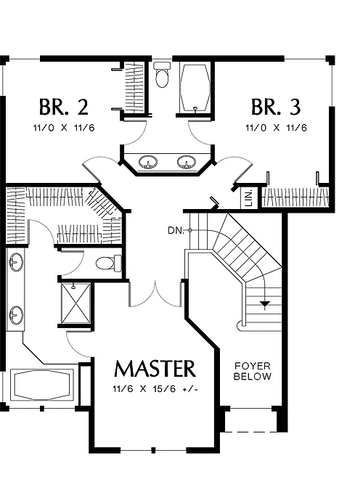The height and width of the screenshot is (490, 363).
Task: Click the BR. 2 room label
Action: [x=64, y=107]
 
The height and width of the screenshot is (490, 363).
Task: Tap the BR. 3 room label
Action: [x=276, y=107]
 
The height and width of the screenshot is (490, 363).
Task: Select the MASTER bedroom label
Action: [x=155, y=369]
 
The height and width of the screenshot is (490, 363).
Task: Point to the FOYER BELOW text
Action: [x=253, y=371]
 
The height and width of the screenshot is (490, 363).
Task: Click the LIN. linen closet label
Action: [x=249, y=197]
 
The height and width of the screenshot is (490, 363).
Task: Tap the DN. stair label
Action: [x=176, y=231]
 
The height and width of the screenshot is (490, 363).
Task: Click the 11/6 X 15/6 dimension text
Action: [x=155, y=389]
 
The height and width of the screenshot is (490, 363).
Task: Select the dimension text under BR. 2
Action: [x=64, y=128]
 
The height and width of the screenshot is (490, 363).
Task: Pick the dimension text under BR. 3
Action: [x=277, y=128]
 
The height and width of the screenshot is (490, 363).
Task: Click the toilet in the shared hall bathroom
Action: [x=162, y=75]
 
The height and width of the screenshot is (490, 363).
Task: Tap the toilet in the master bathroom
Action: [x=108, y=263]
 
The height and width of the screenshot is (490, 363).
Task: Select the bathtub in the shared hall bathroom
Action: [x=195, y=88]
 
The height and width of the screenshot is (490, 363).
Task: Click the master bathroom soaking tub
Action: [x=42, y=385]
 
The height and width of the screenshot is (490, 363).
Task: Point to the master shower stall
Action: [x=76, y=303]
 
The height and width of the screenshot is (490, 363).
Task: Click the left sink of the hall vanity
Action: [x=148, y=163]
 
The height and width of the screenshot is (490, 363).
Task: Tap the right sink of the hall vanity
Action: [x=187, y=163]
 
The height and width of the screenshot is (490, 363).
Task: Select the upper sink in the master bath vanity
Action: [x=16, y=262]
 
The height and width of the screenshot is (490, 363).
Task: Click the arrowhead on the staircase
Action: [x=265, y=303]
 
